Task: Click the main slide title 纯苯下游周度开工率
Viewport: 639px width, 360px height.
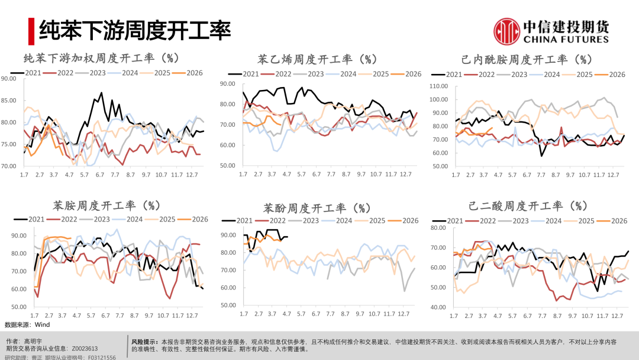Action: pyautogui.click(x=135, y=30)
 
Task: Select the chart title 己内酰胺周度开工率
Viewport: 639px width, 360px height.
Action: pyautogui.click(x=526, y=60)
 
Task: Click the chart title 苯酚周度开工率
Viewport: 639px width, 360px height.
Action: pyautogui.click(x=317, y=208)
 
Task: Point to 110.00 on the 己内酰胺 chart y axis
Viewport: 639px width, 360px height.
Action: pyautogui.click(x=439, y=86)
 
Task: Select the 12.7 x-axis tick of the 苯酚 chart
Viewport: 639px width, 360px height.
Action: pyautogui.click(x=405, y=313)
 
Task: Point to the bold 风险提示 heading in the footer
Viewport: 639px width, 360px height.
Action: pyautogui.click(x=144, y=342)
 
